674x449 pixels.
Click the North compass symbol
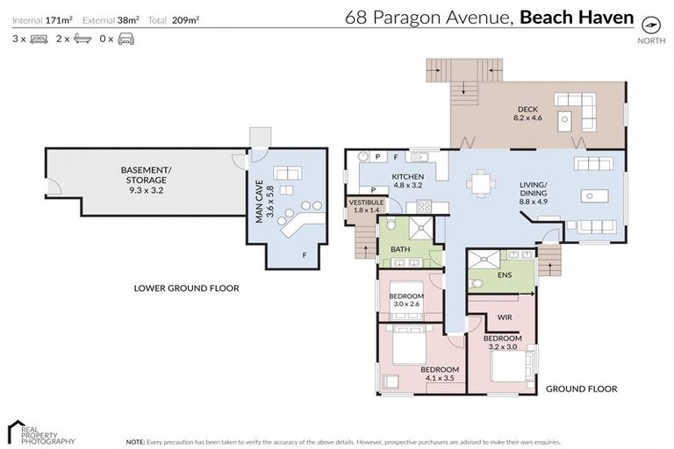(650, 24)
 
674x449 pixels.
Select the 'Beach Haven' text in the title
(576, 16)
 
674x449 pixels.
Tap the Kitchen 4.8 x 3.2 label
(408, 182)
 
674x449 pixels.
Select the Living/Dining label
(534, 197)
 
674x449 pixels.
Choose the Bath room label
(400, 249)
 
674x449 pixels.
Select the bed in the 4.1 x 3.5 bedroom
(405, 348)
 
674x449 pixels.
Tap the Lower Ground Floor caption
(186, 288)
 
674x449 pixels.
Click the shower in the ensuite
(482, 260)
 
